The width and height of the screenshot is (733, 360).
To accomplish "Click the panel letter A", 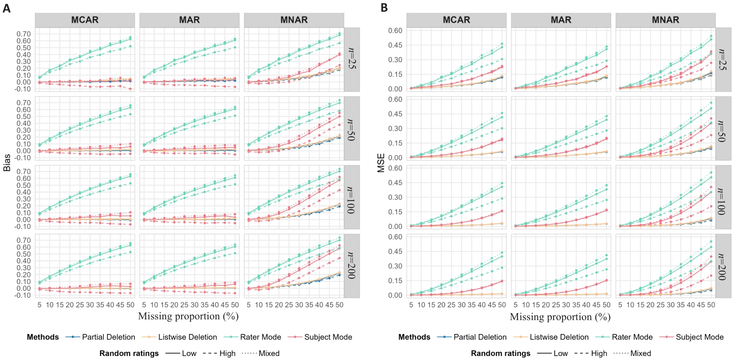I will click(6, 8).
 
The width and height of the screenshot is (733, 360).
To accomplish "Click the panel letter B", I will click(384, 8).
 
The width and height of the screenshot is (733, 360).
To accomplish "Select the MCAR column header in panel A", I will click(85, 20).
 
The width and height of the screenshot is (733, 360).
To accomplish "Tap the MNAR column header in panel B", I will click(665, 20).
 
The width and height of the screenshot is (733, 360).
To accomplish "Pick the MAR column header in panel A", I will click(189, 20).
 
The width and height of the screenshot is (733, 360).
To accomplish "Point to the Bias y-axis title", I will click(7, 163).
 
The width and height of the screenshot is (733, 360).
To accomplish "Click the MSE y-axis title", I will click(381, 163).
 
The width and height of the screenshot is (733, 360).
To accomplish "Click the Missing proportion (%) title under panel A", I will click(188, 316).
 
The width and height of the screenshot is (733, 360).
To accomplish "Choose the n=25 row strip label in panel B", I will click(722, 59).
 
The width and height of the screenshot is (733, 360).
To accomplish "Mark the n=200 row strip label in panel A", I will click(351, 266).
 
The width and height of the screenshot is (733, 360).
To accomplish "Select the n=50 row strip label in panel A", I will click(351, 128).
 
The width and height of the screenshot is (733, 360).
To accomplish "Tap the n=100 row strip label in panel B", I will click(722, 197).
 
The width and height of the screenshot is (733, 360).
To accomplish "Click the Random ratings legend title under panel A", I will click(129, 353).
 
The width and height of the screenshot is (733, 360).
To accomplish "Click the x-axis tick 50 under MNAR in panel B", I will click(711, 305).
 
